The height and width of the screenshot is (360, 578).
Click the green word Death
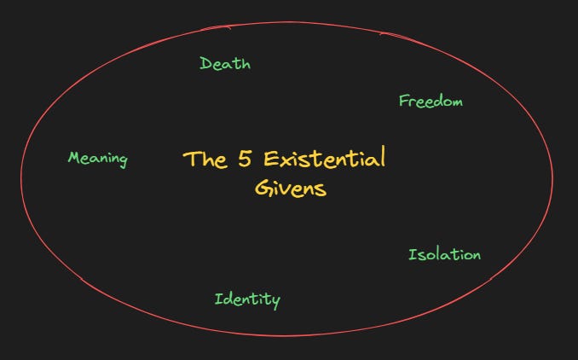coord(225,63)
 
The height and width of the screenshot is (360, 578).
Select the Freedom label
coord(431,102)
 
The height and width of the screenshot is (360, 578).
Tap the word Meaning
coord(97,159)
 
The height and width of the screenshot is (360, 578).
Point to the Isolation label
coord(444,255)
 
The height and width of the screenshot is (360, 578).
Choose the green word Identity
coord(246,299)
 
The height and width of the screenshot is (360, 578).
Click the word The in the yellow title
coord(205,159)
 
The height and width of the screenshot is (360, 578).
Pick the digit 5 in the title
coord(246,159)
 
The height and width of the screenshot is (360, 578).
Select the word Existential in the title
coord(324,159)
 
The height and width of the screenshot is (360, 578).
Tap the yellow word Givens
coord(290,188)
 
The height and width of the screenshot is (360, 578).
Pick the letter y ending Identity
coord(275,301)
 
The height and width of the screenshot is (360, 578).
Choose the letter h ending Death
coord(246,63)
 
